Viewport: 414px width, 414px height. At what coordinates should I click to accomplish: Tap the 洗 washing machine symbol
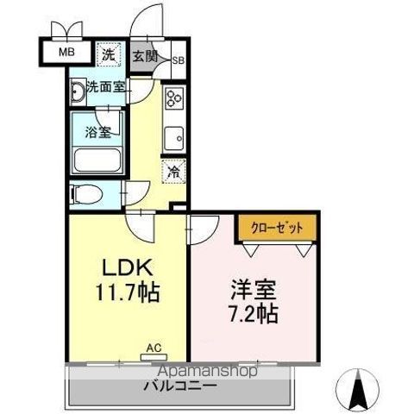tap(110, 54)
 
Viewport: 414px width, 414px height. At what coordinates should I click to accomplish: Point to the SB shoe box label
tap(178, 60)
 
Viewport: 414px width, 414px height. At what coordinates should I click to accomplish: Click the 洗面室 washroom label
tap(104, 87)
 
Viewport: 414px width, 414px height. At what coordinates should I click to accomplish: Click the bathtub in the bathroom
tap(97, 160)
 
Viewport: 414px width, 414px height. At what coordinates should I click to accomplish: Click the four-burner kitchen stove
tap(173, 99)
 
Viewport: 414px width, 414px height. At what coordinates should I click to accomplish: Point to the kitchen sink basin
tap(173, 135)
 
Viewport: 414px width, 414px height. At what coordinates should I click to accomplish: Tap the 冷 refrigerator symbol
tap(173, 172)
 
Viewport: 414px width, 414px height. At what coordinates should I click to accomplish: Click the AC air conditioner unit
tap(154, 354)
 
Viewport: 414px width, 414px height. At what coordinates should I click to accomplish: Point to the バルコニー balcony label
tap(180, 386)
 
